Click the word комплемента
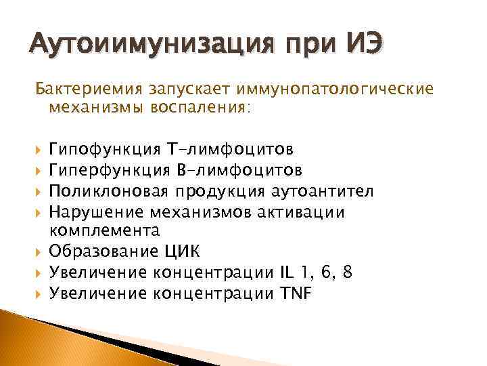pos(105,230)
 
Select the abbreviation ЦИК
pos(183,251)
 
